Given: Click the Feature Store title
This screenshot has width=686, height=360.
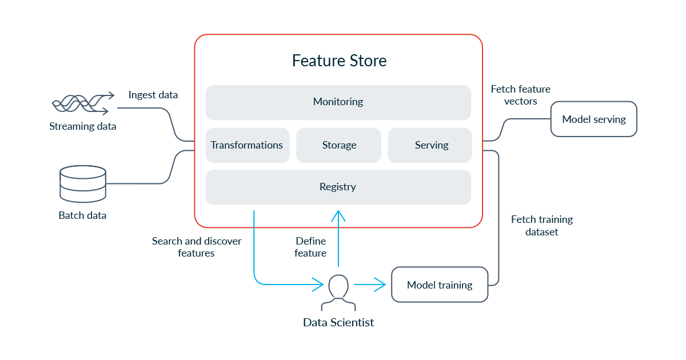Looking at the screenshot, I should coord(339,61).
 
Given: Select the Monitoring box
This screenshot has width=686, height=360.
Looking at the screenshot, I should coord(338,102).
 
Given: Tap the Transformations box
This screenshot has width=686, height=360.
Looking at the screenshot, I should coord(247,145).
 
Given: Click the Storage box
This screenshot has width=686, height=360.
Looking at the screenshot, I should coord(339,145).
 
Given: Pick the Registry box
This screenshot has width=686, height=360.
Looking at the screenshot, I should coord(338,187).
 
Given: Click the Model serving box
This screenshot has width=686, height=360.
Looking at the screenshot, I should coord(593,119).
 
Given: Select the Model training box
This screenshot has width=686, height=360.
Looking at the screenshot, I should coord(440,285).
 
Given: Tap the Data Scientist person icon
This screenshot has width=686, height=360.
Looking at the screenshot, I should coord(338,289).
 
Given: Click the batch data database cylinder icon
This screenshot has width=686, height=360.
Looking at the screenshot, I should coord(83,183).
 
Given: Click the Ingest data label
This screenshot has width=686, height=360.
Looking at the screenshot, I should coord(153,95).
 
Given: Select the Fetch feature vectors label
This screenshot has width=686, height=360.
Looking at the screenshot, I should coord(520,95).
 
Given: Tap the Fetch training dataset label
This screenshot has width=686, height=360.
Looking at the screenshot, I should coord(541,226).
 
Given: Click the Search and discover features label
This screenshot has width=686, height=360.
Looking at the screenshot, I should coord(196,247).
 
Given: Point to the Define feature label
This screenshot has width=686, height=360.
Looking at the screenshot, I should coord(310,247).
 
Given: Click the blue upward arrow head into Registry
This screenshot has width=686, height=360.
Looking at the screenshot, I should coord(338,215).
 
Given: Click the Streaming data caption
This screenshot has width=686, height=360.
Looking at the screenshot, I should coord(82,126).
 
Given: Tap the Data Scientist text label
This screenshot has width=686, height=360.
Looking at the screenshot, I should coord(338,322).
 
